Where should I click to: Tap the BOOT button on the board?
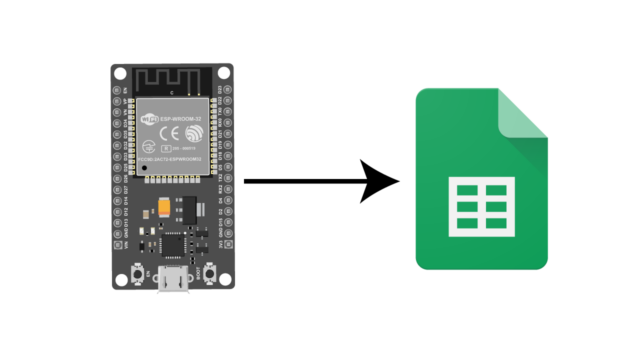click(x=209, y=271)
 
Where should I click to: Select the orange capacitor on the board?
click(x=163, y=210)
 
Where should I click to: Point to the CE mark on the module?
click(x=171, y=130)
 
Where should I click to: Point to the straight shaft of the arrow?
click(x=300, y=181)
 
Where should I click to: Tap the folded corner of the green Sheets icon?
click(x=523, y=113)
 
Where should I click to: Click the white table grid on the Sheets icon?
click(x=483, y=204)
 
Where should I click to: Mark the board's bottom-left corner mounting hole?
click(x=121, y=284)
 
